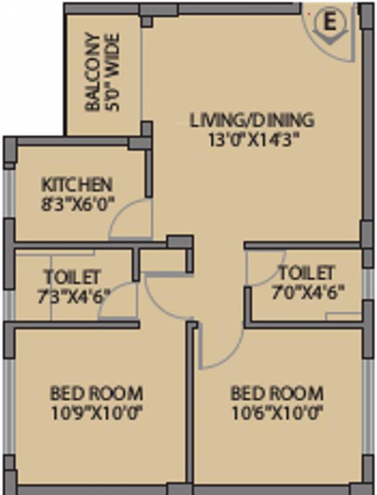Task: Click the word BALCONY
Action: [93, 72]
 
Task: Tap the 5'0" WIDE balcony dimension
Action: [113, 72]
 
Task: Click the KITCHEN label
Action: [77, 185]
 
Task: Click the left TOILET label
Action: [72, 277]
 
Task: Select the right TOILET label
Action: [305, 272]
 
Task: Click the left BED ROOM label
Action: [97, 393]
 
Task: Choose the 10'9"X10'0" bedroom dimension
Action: [97, 411]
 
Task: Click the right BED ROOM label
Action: [277, 393]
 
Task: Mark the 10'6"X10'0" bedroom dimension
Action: [277, 411]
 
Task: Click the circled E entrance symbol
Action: [329, 23]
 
